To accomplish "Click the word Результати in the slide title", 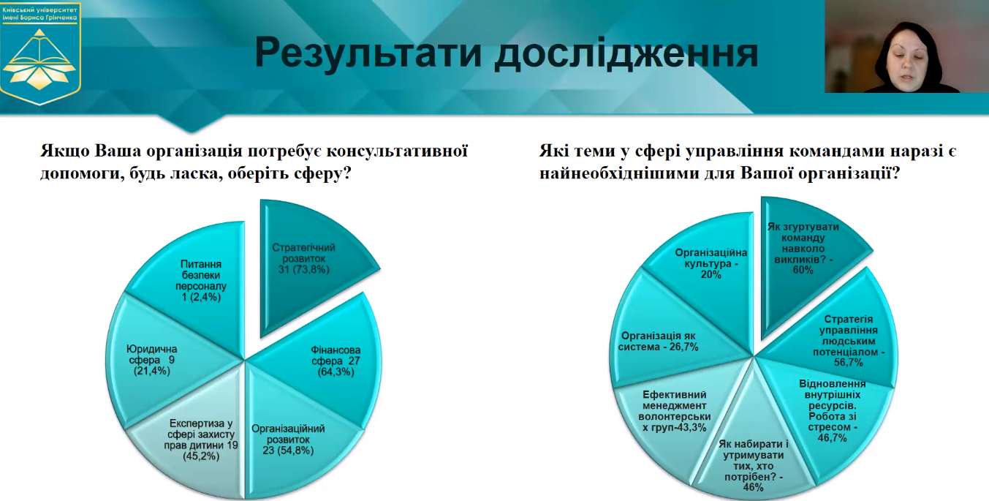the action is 368,53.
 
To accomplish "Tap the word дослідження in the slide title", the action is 626,53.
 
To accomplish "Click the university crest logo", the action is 40,53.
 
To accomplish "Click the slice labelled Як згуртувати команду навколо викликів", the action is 803,256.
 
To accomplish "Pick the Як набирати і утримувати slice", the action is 754,459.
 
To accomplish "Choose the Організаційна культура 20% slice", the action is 711,265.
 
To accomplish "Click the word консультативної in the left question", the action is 398,151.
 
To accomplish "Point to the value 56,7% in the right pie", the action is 849,363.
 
